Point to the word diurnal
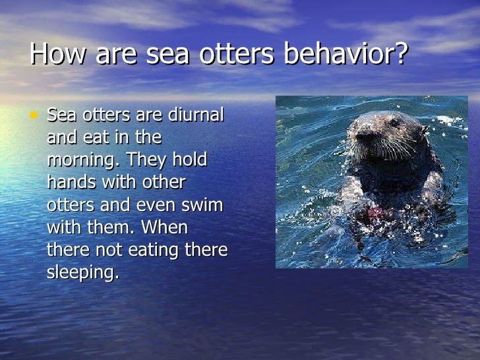coord(195,115)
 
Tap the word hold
coord(190,160)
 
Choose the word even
coord(156,205)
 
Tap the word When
coord(164,227)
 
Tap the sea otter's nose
coord(365,135)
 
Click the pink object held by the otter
coord(375,214)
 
